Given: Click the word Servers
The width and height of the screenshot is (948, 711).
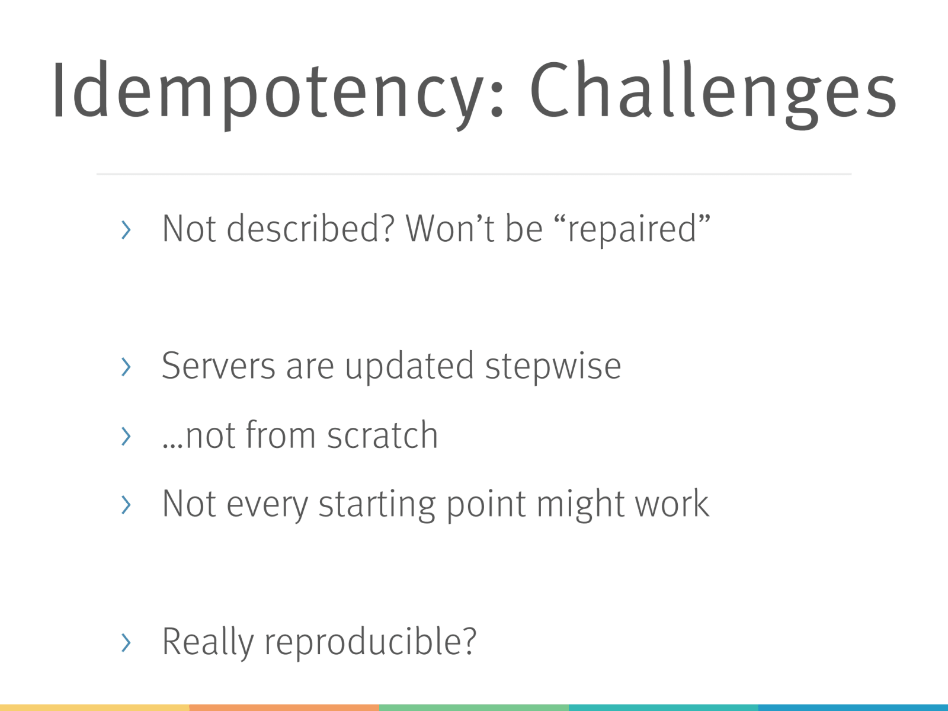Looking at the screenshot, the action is (219, 366).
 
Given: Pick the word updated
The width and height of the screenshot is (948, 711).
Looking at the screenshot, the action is (409, 367).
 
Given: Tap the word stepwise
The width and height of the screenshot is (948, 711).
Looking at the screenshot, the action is (553, 367).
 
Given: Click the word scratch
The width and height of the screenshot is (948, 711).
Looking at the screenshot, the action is (383, 435).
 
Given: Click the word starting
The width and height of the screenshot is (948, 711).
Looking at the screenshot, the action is (377, 505).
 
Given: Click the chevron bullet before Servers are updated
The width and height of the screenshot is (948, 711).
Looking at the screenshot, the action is (126, 367).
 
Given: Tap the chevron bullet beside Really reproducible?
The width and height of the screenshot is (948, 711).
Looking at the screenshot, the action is (126, 643).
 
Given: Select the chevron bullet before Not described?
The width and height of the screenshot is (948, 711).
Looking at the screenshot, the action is (126, 230).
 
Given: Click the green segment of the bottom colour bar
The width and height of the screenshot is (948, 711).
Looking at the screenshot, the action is (474, 707).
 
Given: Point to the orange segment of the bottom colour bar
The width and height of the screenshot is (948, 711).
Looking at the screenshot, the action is (284, 707).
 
